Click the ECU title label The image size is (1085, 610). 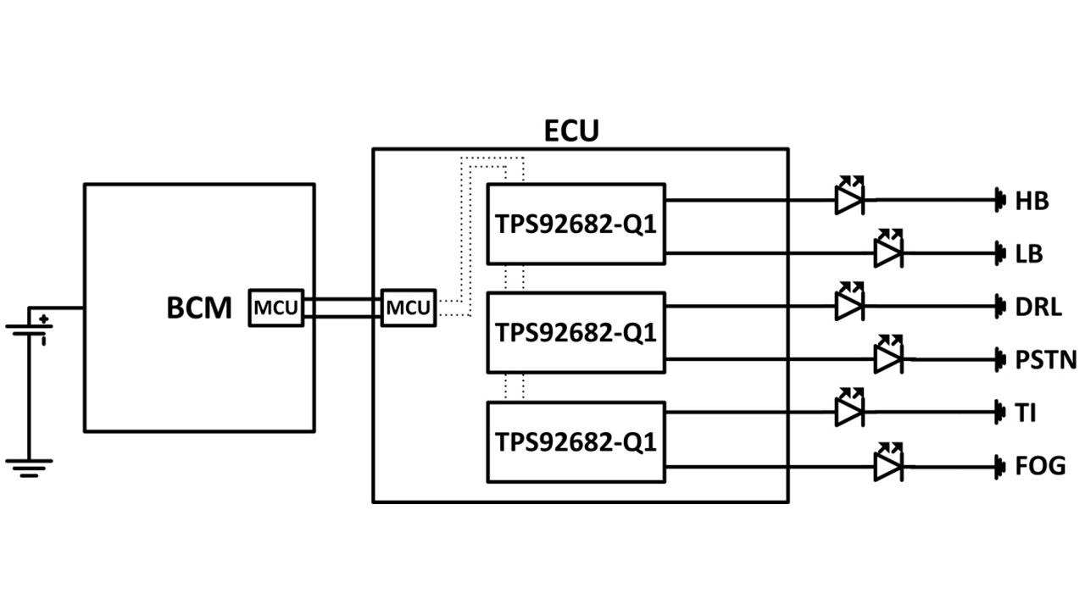(570, 131)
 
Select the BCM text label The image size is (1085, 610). (198, 308)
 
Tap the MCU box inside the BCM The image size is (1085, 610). (275, 307)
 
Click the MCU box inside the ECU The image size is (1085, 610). (409, 307)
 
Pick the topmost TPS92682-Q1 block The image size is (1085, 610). (576, 225)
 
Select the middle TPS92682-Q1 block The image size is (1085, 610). (576, 332)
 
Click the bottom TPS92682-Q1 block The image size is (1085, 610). (576, 441)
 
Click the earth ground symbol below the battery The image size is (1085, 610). (29, 468)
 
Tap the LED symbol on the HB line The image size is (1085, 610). (849, 198)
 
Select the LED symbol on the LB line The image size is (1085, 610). (887, 251)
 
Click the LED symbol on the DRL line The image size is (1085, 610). (849, 305)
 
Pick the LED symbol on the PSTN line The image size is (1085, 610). (887, 358)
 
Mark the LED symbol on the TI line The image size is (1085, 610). (849, 411)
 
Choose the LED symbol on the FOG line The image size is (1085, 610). (887, 463)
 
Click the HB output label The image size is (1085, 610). (1032, 201)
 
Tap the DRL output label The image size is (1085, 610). (1038, 307)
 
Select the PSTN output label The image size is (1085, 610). (1045, 360)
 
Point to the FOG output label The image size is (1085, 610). (1039, 466)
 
